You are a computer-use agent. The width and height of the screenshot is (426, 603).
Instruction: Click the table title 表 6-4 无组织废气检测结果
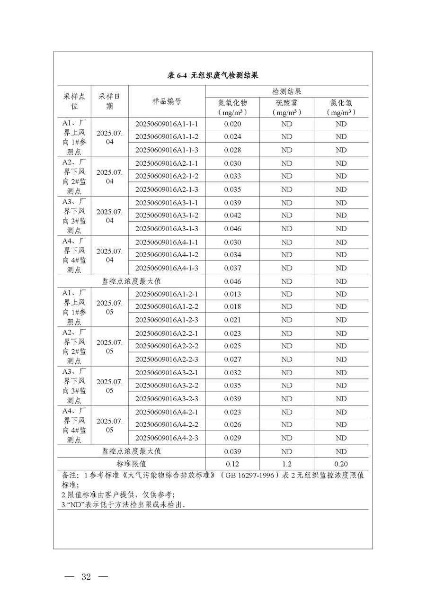point(213,76)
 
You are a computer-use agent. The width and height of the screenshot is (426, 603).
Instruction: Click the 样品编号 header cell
point(167,101)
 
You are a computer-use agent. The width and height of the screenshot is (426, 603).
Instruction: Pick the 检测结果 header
point(287,91)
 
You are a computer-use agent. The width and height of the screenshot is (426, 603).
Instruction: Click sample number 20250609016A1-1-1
point(167,124)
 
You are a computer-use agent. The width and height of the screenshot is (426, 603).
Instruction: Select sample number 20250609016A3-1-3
point(167,229)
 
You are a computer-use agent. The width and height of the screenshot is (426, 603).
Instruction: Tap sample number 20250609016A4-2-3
point(167,438)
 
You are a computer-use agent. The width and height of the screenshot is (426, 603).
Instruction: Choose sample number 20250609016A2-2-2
point(167,346)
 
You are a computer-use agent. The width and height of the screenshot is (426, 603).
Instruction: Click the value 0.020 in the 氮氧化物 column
point(233,124)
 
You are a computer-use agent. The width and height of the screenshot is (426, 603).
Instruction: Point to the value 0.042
point(233,216)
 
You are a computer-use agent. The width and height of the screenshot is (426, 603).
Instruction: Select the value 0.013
point(233,294)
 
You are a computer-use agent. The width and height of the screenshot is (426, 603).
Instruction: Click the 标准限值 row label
point(132,464)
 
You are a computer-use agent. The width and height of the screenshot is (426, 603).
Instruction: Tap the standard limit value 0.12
point(233,464)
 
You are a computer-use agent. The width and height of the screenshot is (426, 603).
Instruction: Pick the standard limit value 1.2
point(287,464)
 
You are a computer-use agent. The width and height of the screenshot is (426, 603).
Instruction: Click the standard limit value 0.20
point(341,464)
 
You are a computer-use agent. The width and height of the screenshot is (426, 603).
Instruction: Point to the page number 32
point(86,577)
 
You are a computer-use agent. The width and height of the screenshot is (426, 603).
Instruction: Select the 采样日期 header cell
point(110,101)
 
